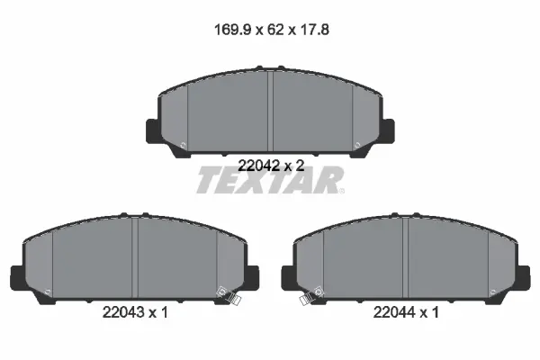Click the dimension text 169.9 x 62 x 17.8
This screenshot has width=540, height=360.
272,30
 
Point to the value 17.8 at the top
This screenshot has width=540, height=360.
315,30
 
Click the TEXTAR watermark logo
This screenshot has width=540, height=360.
270,180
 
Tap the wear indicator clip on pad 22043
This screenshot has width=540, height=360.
229,295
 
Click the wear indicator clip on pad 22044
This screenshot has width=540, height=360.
311,295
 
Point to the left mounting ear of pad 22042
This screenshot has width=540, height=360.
153,130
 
